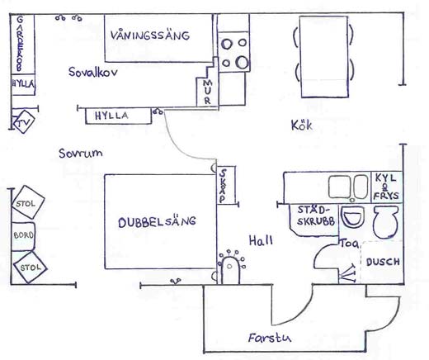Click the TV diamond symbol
tap(24, 121)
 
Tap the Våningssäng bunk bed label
tap(150, 36)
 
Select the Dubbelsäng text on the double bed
tap(157, 222)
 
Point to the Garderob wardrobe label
tap(20, 44)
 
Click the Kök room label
tap(302, 126)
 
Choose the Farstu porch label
tap(269, 338)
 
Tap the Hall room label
tap(261, 240)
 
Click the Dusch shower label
tap(383, 262)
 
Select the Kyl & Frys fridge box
tap(386, 187)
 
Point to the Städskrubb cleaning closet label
tap(316, 216)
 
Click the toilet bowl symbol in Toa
tap(385, 221)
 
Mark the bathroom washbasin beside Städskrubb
tap(352, 216)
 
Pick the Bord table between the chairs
tap(23, 236)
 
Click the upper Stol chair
tap(28, 202)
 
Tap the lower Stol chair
tap(30, 267)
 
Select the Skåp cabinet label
tap(224, 186)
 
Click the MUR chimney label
tap(208, 92)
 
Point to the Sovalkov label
tap(93, 72)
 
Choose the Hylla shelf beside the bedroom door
tap(118, 116)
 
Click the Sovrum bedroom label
tap(81, 153)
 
